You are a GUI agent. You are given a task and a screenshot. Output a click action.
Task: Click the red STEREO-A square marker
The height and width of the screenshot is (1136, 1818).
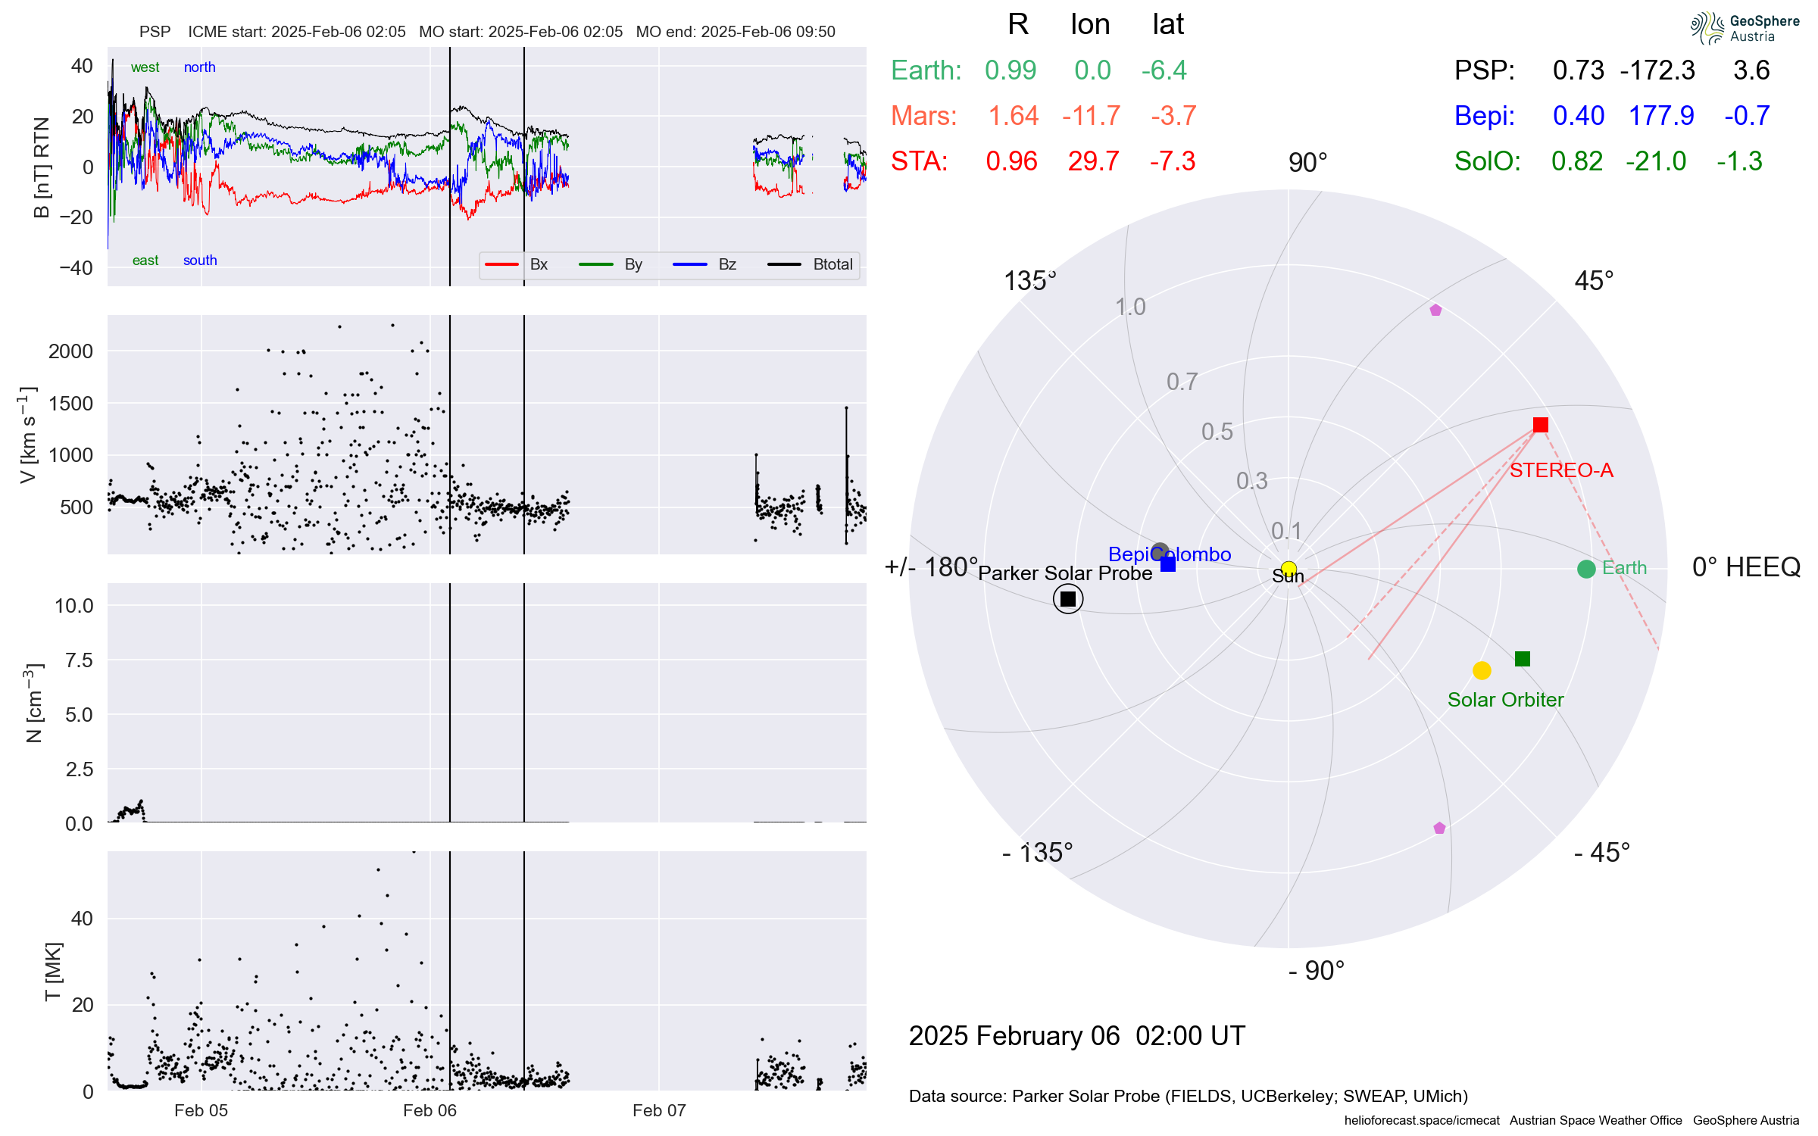(x=1540, y=425)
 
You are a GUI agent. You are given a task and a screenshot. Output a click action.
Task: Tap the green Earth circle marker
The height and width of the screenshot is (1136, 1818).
(x=1585, y=569)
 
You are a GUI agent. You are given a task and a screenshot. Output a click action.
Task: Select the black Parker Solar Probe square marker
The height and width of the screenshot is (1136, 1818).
(x=1068, y=599)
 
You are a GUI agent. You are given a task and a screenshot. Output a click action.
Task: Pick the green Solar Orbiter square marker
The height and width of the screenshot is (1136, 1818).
(x=1523, y=659)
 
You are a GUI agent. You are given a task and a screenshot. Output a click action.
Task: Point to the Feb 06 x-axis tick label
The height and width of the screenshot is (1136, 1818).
(x=430, y=1110)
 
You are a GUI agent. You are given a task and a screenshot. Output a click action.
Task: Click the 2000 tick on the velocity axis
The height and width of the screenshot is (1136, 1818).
(x=70, y=351)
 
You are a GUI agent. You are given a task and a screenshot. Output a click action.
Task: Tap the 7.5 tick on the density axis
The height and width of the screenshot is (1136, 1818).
(x=79, y=660)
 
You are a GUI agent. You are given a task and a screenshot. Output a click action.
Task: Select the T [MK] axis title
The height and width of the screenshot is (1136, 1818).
(x=53, y=972)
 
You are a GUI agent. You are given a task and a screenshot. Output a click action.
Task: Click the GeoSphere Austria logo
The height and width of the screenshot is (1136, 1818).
(x=1745, y=28)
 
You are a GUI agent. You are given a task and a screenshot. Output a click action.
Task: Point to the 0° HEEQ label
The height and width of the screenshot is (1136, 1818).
(x=1745, y=567)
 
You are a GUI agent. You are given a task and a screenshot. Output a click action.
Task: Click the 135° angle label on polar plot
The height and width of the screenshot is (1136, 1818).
(x=1029, y=281)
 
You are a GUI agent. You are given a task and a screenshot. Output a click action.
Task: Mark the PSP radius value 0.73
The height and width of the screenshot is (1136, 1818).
(x=1578, y=70)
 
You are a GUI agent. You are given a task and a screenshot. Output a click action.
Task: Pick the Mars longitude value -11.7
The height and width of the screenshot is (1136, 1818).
(x=1091, y=116)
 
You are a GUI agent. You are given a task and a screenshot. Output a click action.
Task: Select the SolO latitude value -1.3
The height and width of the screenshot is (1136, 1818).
(x=1739, y=161)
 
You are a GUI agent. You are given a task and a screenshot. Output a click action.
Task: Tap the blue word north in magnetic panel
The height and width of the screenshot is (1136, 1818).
(x=200, y=67)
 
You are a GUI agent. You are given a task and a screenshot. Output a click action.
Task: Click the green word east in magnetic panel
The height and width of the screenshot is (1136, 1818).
(x=145, y=261)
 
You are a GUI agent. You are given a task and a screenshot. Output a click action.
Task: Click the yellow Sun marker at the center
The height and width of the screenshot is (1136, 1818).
(x=1289, y=569)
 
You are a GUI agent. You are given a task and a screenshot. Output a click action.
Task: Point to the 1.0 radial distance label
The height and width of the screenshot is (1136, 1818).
(x=1130, y=307)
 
